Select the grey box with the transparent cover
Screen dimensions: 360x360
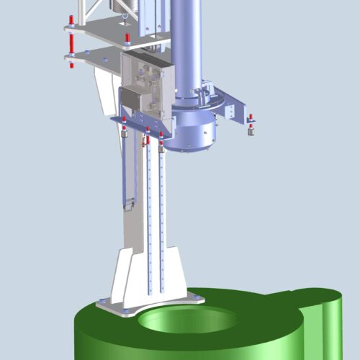(x=148, y=83)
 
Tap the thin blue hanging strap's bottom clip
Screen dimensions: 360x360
(x=129, y=204)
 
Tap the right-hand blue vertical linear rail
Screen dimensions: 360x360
(x=162, y=216)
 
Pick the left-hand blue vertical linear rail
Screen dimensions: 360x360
(x=149, y=216)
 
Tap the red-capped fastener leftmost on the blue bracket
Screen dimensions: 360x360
(x=124, y=126)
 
